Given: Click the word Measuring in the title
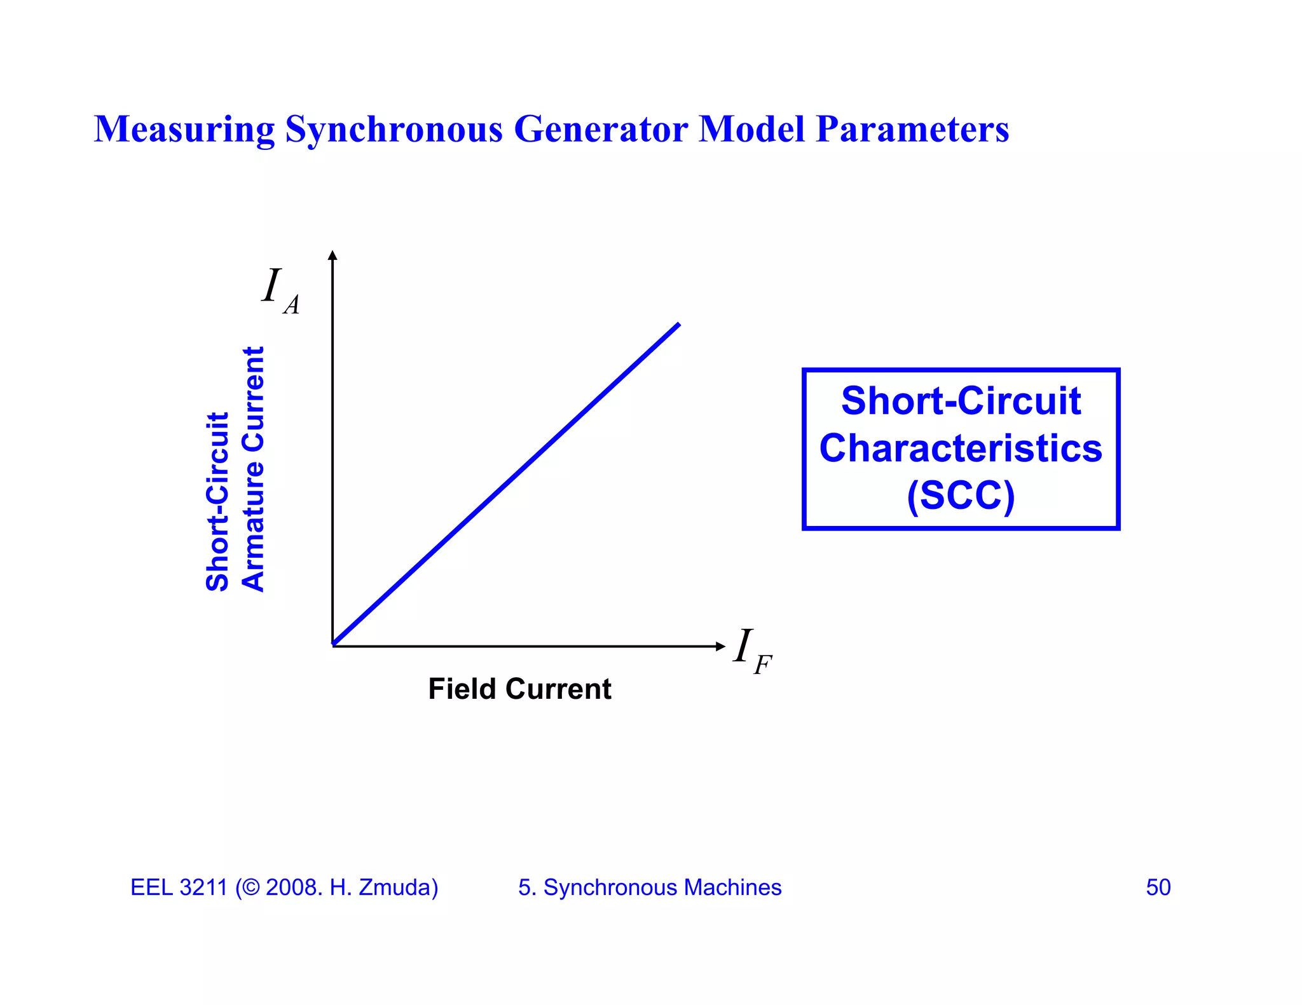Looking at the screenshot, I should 184,130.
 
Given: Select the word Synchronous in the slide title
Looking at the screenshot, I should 394,130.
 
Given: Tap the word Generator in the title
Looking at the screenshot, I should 601,130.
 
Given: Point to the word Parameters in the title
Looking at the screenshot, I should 912,130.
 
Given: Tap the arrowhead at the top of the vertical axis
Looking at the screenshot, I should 332,255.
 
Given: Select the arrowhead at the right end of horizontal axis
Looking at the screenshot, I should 720,646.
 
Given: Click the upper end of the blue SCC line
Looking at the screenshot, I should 678,325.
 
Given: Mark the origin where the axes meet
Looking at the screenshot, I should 333,645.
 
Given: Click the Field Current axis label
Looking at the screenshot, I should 519,689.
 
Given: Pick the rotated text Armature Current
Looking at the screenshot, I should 253,469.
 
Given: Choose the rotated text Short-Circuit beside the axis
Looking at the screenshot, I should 217,502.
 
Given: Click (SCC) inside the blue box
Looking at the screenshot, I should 961,496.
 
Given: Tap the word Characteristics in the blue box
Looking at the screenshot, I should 961,449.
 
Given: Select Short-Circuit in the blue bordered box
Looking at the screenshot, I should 961,401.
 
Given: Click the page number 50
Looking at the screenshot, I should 1158,887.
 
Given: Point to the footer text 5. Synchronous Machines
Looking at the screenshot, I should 650,887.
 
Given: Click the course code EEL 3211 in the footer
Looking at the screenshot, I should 179,887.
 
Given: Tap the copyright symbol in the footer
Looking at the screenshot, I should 251,887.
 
